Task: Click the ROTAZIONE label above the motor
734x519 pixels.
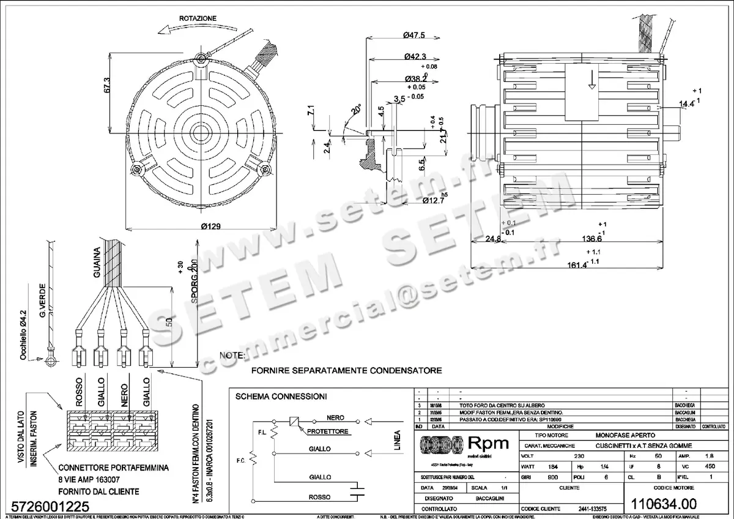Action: pos(198,19)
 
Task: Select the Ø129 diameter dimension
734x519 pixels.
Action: pos(210,226)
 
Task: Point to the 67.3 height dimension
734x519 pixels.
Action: pos(107,86)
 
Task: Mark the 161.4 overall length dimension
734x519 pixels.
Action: pos(576,265)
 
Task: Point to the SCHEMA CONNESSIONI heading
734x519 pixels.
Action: pos(281,397)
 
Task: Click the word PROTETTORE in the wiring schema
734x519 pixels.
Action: pos(328,431)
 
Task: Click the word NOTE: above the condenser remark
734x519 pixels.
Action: pos(232,355)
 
